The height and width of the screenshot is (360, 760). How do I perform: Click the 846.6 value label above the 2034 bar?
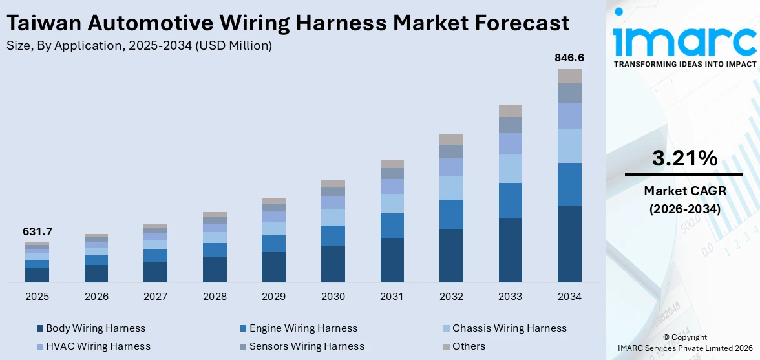point(569,58)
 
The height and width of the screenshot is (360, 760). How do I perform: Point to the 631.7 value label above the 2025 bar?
point(37,231)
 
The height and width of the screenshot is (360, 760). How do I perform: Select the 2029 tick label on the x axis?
point(273,297)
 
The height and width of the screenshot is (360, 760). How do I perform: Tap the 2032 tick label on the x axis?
point(451,297)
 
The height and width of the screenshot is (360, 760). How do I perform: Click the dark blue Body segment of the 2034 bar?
point(569,244)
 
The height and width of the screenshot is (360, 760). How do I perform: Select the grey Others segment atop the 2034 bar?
point(569,76)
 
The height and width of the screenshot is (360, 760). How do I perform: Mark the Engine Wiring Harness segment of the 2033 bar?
point(511,200)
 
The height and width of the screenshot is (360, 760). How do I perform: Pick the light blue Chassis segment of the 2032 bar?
point(451,187)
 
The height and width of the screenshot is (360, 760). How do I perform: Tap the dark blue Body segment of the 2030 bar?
point(333,264)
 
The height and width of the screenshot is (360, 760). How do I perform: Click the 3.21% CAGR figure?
point(684,158)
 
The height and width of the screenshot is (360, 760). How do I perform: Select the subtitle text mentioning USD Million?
point(138,45)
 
